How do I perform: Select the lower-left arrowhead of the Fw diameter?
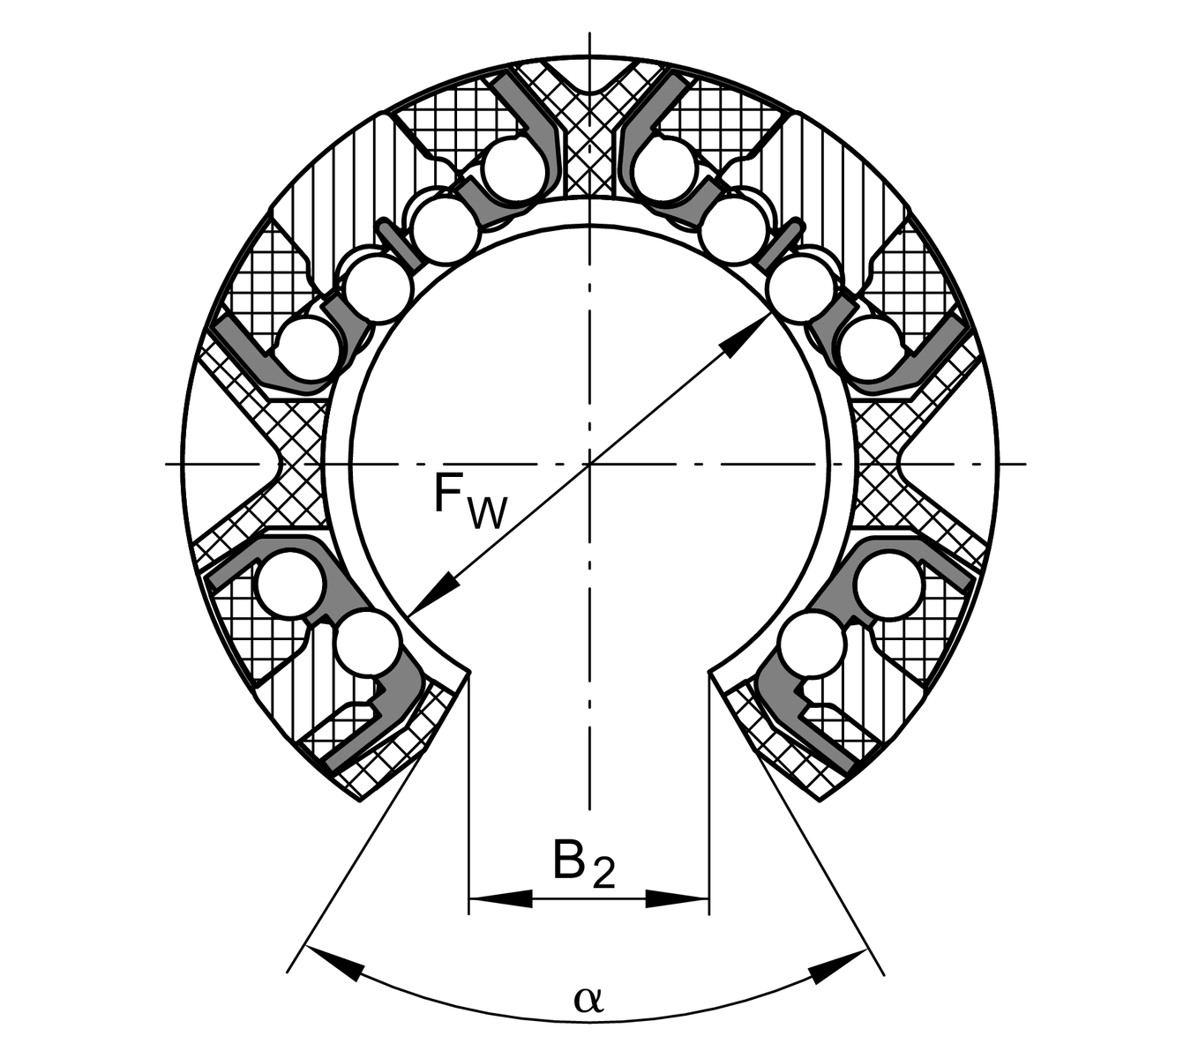[433, 592]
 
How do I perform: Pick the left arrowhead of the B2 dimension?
[501, 898]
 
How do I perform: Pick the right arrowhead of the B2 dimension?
[677, 898]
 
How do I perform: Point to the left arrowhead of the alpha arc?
[334, 964]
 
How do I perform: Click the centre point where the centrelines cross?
[589, 464]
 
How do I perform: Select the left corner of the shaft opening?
[469, 674]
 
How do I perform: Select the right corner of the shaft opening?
[709, 674]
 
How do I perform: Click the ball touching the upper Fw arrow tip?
[799, 289]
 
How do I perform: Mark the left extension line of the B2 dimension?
[469, 794]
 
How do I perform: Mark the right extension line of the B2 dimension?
[709, 794]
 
